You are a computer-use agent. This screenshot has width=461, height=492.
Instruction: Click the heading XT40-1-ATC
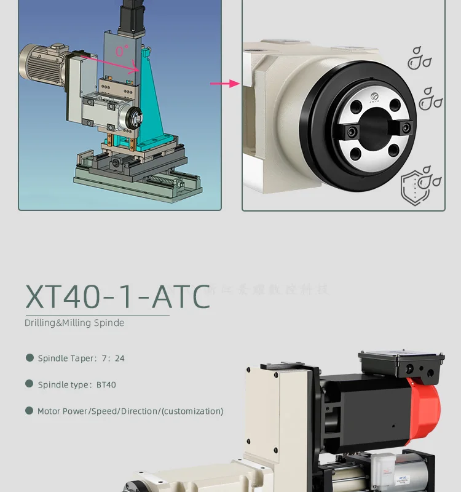pyautogui.click(x=117, y=296)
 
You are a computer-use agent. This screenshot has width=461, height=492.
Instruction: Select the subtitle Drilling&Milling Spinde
pyautogui.click(x=74, y=323)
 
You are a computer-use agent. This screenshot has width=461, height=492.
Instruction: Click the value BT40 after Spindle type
pyautogui.click(x=106, y=385)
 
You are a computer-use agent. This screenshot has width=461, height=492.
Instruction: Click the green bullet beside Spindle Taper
pyautogui.click(x=29, y=358)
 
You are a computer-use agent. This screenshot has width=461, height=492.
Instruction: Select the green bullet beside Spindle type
pyautogui.click(x=29, y=384)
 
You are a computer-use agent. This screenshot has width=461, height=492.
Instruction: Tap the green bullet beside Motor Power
pyautogui.click(x=29, y=411)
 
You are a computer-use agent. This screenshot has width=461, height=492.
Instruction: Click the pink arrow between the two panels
pyautogui.click(x=224, y=83)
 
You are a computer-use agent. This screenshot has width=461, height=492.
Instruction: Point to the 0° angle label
pyautogui.click(x=120, y=52)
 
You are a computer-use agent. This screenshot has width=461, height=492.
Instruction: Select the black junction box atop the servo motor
pyautogui.click(x=401, y=365)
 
